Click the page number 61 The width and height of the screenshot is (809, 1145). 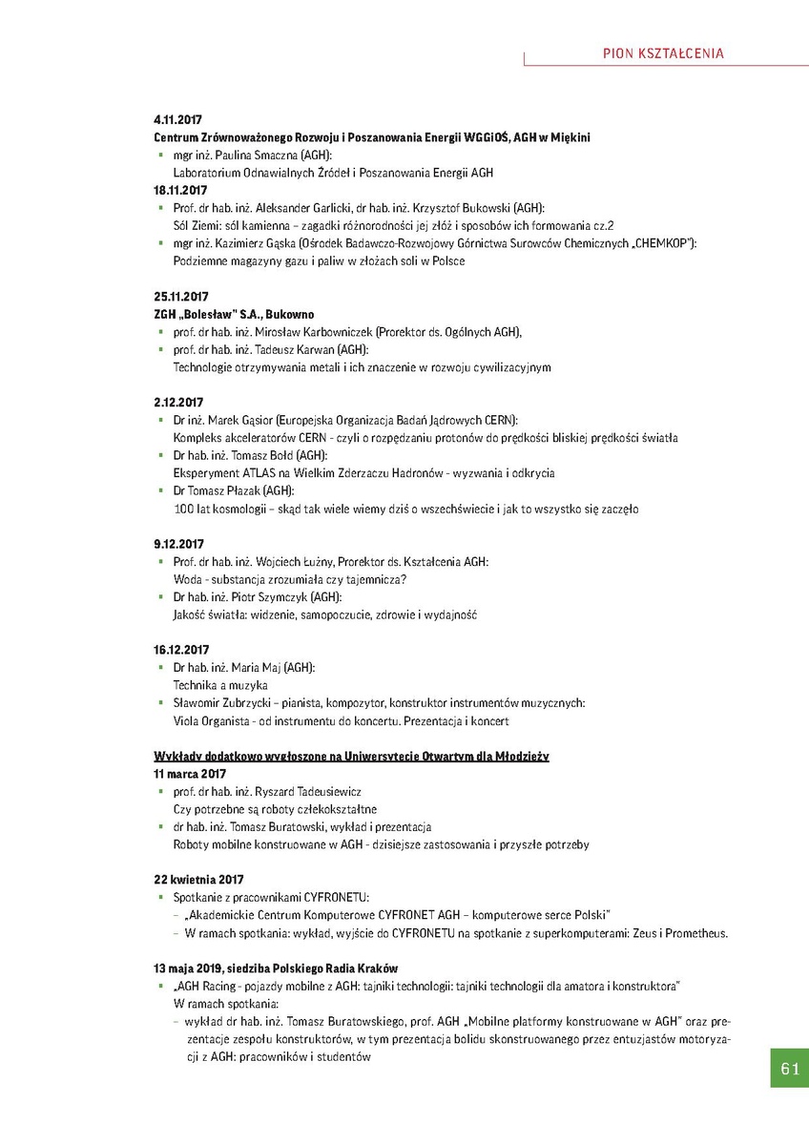[x=789, y=1069]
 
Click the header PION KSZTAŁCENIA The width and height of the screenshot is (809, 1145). [x=664, y=53]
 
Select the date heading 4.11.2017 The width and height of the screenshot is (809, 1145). [x=178, y=120]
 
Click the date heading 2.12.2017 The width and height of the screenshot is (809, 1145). [x=178, y=403]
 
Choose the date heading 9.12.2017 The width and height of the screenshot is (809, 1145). [x=178, y=544]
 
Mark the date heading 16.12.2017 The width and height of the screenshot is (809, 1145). [x=181, y=650]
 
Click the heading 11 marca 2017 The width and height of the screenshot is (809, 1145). [x=190, y=774]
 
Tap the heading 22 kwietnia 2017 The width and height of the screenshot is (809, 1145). [x=198, y=880]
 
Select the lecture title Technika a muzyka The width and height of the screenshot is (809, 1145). [x=220, y=685]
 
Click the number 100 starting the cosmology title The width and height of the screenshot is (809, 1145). [x=183, y=509]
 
